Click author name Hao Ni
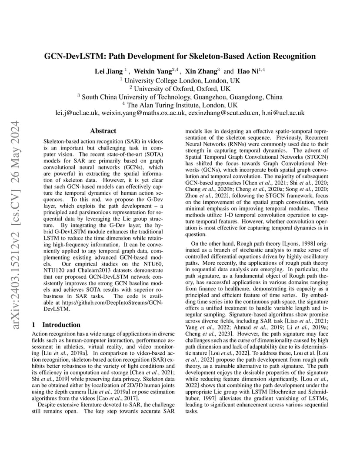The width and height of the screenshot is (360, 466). (248, 71)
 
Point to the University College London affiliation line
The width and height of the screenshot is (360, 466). (180, 80)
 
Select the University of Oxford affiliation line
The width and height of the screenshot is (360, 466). (180, 89)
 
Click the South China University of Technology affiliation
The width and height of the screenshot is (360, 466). (180, 97)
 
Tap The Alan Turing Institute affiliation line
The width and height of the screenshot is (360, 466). (180, 105)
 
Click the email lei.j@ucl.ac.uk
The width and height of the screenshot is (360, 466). (77, 113)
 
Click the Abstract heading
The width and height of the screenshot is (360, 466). (103, 130)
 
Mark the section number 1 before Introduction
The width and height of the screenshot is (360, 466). (34, 325)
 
